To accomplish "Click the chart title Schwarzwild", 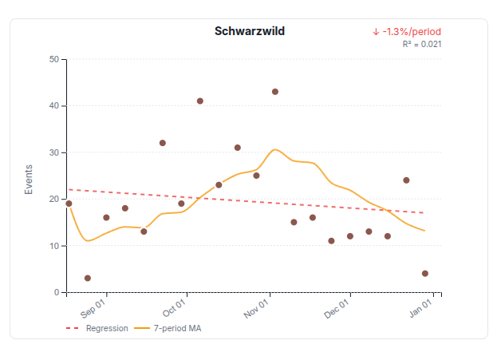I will tap(250, 31).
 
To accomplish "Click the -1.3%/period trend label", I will tap(406, 32).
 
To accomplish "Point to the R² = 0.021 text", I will tap(421, 44).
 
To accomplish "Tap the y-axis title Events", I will tap(29, 180).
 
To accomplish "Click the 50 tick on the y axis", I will tap(53, 59).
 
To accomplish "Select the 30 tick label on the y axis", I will tap(53, 152).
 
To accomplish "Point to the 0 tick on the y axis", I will tap(56, 292).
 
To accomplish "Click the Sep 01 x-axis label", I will tap(93, 307).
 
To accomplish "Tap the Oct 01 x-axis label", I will tap(175, 307).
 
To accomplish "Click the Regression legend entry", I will tap(97, 328).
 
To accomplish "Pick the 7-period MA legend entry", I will tap(168, 328).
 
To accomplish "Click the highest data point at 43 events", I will tap(275, 92).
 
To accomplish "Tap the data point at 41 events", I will tap(200, 101).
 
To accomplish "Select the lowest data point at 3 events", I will tap(88, 279).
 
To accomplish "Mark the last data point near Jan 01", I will tap(425, 274).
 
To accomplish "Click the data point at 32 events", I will tap(163, 143).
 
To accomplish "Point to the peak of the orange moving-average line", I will tap(275, 149).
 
